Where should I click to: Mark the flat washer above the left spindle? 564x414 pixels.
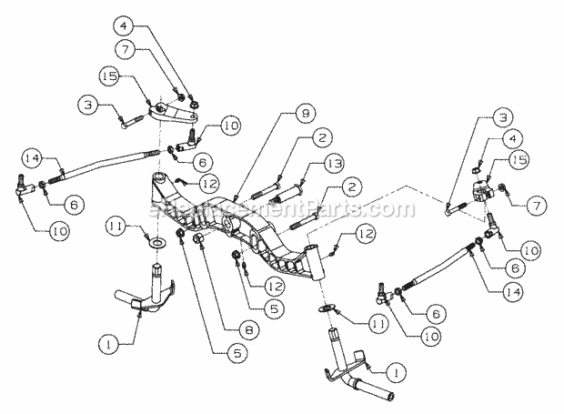coord(158,244)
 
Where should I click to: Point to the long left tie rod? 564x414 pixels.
coord(100,167)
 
